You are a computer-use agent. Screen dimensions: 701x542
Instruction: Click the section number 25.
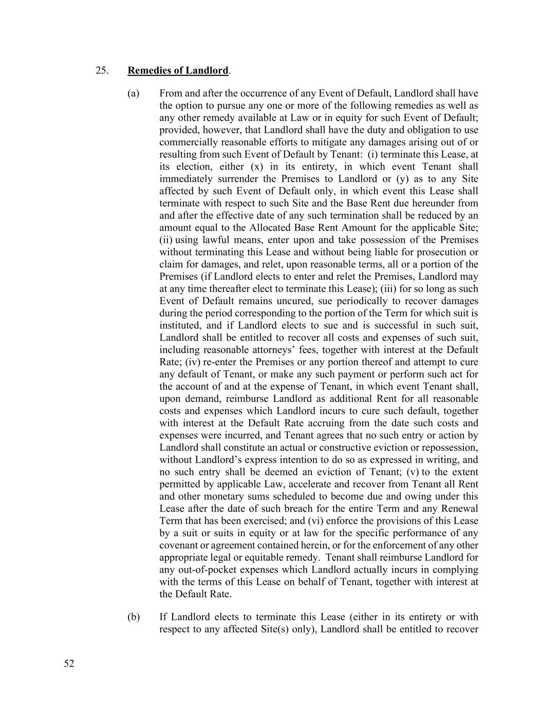[102, 70]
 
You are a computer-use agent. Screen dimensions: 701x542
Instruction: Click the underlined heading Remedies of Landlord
[178, 70]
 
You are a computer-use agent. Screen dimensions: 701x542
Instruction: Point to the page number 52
[69, 664]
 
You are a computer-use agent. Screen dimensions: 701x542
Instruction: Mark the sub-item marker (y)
[403, 179]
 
